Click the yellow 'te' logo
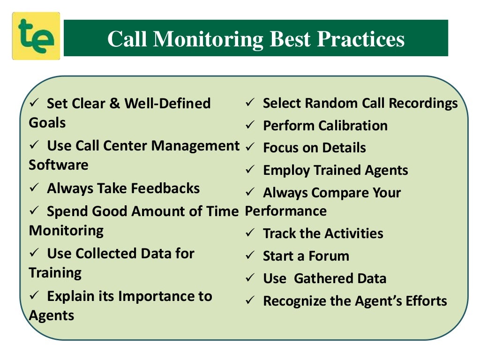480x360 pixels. [x=36, y=36]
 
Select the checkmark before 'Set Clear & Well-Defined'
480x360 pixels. [x=35, y=103]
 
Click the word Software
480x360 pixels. [x=59, y=165]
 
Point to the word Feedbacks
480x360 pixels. [x=165, y=188]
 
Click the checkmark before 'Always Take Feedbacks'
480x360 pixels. [x=35, y=188]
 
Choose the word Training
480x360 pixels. [x=55, y=273]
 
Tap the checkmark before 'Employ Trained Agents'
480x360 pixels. [x=250, y=170]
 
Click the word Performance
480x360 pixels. [x=286, y=211]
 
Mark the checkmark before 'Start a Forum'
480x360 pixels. [x=250, y=256]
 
